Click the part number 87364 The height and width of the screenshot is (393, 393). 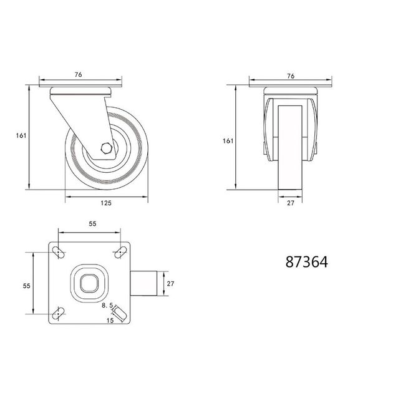pyautogui.click(x=306, y=262)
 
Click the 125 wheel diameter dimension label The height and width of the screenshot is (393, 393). pyautogui.click(x=106, y=203)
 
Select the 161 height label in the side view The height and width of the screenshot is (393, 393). pyautogui.click(x=21, y=135)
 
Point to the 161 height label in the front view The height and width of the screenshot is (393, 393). pyautogui.click(x=228, y=141)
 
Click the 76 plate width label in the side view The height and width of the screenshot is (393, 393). pyautogui.click(x=78, y=74)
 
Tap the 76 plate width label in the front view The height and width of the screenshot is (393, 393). pyautogui.click(x=291, y=75)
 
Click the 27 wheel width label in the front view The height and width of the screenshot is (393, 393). pyautogui.click(x=291, y=203)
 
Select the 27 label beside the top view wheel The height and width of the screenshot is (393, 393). pyautogui.click(x=170, y=283)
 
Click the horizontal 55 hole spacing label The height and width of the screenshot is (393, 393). pyautogui.click(x=92, y=223)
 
